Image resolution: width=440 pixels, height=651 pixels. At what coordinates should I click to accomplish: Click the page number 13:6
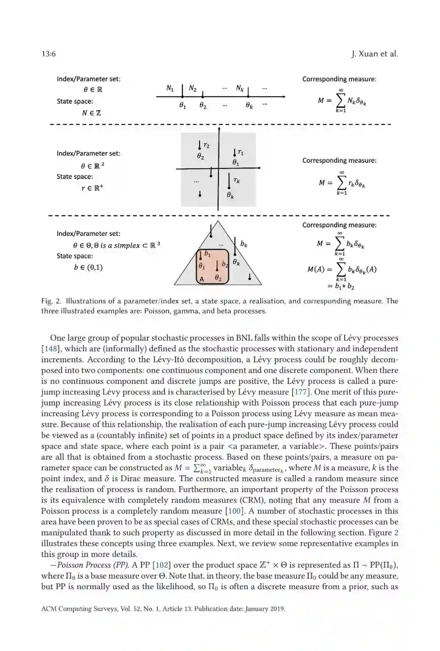click(48, 54)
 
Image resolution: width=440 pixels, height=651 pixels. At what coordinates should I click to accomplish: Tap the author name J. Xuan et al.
click(374, 54)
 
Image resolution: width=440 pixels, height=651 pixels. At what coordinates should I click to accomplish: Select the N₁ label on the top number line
click(170, 88)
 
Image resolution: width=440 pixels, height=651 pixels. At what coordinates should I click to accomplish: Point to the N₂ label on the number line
click(193, 88)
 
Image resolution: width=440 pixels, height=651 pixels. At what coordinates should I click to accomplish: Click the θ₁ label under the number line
click(183, 105)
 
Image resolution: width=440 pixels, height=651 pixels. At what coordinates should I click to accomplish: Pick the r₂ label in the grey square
click(207, 145)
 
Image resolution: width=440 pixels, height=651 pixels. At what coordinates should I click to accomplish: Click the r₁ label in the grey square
click(241, 152)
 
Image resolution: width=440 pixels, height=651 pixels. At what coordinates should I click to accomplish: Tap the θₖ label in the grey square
click(230, 195)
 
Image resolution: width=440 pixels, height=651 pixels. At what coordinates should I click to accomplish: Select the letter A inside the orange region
click(202, 279)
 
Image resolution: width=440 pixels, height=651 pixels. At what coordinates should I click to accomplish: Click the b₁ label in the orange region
click(207, 253)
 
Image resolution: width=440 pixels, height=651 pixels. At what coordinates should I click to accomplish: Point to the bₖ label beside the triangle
click(244, 244)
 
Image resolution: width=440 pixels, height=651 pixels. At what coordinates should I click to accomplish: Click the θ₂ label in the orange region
click(218, 278)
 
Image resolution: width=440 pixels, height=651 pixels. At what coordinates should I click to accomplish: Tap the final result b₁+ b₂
click(341, 286)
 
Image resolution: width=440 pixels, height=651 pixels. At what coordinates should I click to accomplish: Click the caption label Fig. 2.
click(51, 301)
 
